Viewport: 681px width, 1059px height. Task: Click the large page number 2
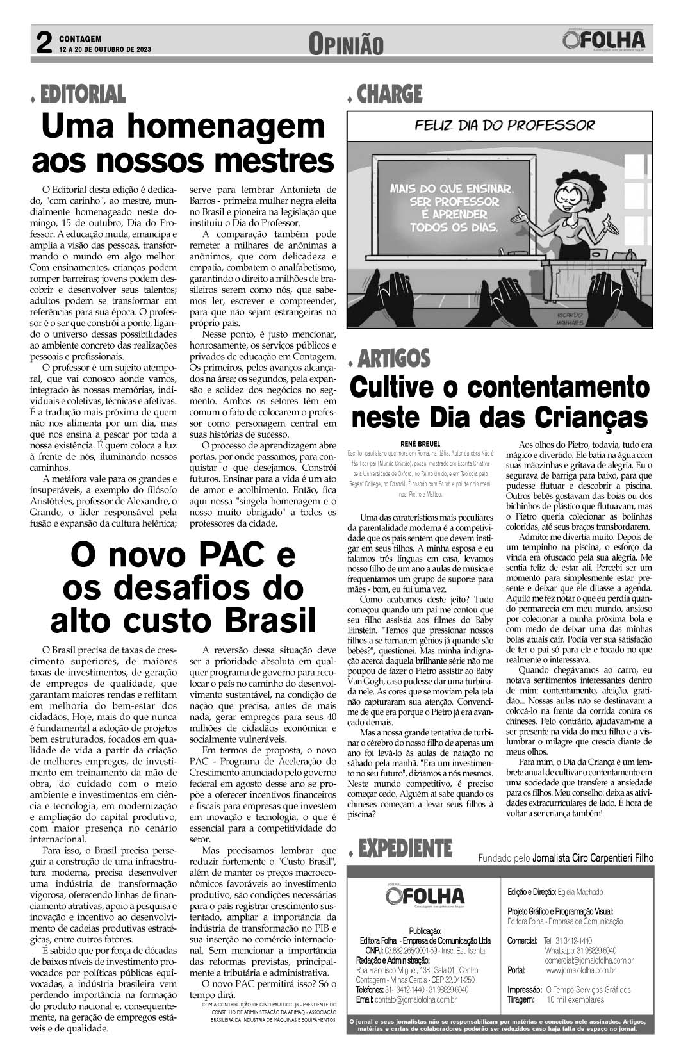[44, 44]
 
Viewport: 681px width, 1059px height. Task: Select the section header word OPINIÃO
[346, 44]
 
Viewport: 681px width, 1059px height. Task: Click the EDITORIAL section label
[83, 95]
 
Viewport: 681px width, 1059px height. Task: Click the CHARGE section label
[390, 95]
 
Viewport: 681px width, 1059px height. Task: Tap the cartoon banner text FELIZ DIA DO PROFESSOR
[504, 125]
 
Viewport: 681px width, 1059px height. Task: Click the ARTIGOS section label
[394, 358]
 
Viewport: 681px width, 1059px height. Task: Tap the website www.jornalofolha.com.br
[589, 971]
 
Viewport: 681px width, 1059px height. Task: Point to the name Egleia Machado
[580, 892]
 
